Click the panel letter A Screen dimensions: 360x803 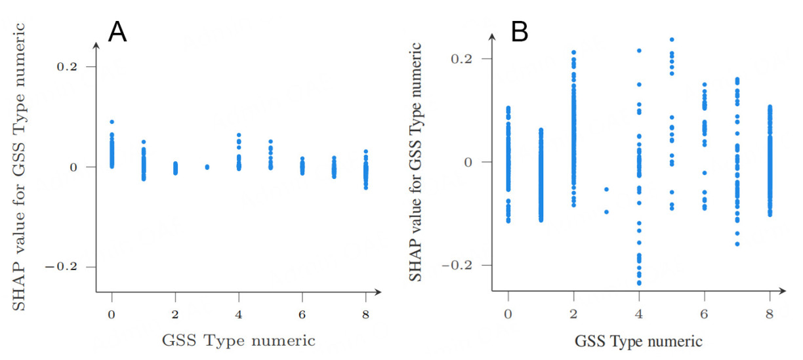point(117,31)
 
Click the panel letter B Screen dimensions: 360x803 point(519,31)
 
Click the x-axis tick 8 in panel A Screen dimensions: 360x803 point(365,314)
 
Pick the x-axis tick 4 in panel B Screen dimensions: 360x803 point(638,313)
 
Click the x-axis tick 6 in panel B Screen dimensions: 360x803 point(704,313)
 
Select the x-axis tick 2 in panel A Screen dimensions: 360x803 point(175,314)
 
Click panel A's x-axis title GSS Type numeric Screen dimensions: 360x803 point(238,341)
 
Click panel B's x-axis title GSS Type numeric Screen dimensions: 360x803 point(638,342)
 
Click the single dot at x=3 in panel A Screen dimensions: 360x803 point(207,167)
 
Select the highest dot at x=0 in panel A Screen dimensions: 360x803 point(112,122)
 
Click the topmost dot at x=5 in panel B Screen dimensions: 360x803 point(671,39)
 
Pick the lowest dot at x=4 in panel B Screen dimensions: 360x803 point(638,283)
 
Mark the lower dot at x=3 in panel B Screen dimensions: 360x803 point(606,212)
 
